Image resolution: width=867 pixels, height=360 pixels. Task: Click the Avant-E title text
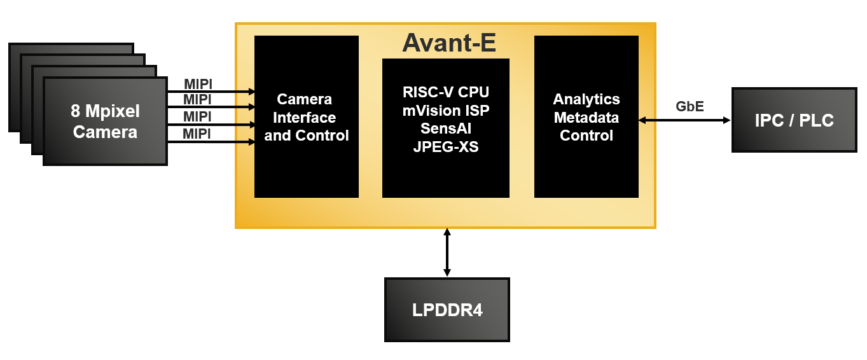[448, 43]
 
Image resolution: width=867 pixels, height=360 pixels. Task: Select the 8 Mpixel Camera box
[105, 121]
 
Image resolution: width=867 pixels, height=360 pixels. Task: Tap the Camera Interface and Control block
[306, 117]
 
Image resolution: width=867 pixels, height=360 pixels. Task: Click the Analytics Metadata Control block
[586, 117]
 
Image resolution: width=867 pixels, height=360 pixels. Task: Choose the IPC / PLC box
[794, 120]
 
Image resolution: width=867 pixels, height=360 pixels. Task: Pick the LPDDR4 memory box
[447, 310]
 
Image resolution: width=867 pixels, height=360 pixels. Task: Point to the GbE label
[690, 106]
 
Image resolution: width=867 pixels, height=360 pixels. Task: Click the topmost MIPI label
[198, 84]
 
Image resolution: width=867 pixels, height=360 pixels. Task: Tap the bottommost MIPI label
[197, 134]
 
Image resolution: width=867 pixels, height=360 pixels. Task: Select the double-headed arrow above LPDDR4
[447, 253]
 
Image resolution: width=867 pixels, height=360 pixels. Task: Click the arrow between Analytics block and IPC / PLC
[684, 120]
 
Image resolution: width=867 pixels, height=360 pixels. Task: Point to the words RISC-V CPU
[446, 92]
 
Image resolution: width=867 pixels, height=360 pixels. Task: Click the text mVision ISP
[446, 111]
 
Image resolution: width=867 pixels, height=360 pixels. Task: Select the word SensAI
[446, 128]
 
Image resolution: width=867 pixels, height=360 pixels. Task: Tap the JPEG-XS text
[446, 147]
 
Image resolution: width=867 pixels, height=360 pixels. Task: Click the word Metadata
[586, 118]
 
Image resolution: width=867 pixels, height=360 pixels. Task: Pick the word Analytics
[586, 99]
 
